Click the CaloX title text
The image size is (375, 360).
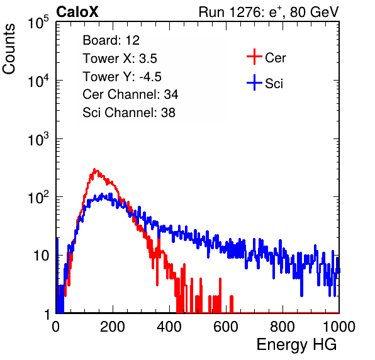[x=77, y=12]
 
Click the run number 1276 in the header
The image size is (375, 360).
[x=244, y=12]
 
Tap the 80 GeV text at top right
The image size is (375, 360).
[x=314, y=12]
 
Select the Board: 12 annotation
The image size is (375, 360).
[x=111, y=40]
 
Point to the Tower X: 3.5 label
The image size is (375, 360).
[x=120, y=58]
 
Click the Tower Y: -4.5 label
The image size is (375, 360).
[x=122, y=77]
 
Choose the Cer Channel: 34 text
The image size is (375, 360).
[x=130, y=94]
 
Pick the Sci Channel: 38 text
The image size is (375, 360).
[x=129, y=113]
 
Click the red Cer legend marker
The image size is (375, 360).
[x=254, y=57]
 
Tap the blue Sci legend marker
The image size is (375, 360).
[x=254, y=83]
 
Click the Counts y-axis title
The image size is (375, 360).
[x=9, y=49]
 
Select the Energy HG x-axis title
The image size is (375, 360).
[x=296, y=344]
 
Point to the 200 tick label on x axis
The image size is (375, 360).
[x=113, y=327]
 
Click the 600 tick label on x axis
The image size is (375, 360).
[x=226, y=327]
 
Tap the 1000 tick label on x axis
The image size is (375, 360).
[x=339, y=327]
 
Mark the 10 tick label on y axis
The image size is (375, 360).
[x=42, y=256]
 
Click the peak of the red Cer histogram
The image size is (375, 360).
[x=94, y=169]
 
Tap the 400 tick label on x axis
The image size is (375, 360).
[x=169, y=327]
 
